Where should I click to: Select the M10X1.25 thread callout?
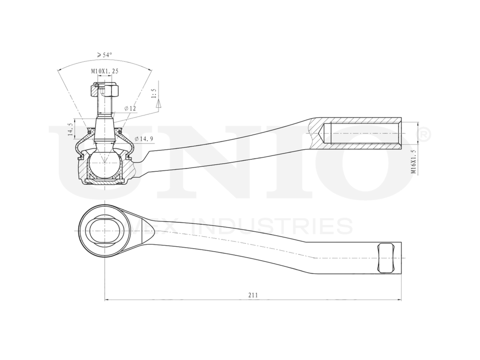tap(105, 71)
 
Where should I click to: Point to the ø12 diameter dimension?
tap(130, 108)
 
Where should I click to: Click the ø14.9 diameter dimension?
tap(144, 139)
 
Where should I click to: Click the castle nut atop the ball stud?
tap(105, 90)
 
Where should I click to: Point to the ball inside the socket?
tap(105, 163)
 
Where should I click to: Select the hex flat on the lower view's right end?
tap(385, 258)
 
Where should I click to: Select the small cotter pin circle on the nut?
tap(96, 86)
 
